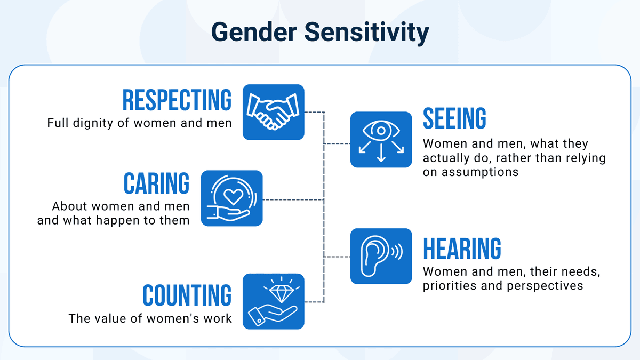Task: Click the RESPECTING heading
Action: click(177, 100)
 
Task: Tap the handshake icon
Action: click(273, 112)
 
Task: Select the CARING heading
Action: click(156, 183)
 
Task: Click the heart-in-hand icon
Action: click(231, 198)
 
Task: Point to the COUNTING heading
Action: click(187, 295)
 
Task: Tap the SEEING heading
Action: click(454, 118)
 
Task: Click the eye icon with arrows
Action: click(381, 139)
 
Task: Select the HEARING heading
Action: click(462, 249)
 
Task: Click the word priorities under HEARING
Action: click(450, 286)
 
